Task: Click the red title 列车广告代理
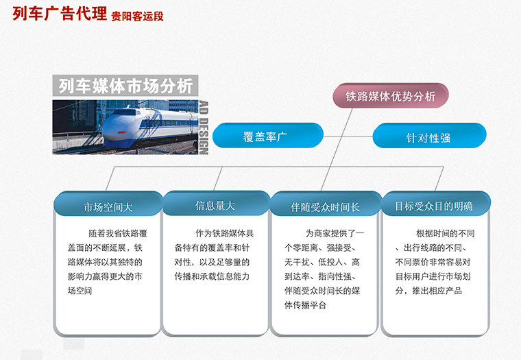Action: [x=60, y=14]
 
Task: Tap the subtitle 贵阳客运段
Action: [x=137, y=16]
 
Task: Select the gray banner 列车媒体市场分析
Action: [x=125, y=86]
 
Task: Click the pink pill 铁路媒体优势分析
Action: [x=391, y=96]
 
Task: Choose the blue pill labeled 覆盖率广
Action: [x=267, y=136]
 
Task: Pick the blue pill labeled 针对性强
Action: [x=429, y=136]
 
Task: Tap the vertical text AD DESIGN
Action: [x=204, y=128]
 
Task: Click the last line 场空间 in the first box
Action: [x=80, y=291]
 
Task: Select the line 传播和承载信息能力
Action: [x=212, y=276]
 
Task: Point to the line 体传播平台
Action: [x=305, y=305]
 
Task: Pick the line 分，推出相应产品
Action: [x=428, y=291]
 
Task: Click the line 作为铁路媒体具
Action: [x=225, y=233]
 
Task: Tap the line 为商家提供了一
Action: [x=335, y=233]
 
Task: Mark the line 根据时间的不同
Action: [x=445, y=233]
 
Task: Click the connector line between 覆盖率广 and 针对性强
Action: [x=348, y=136]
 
